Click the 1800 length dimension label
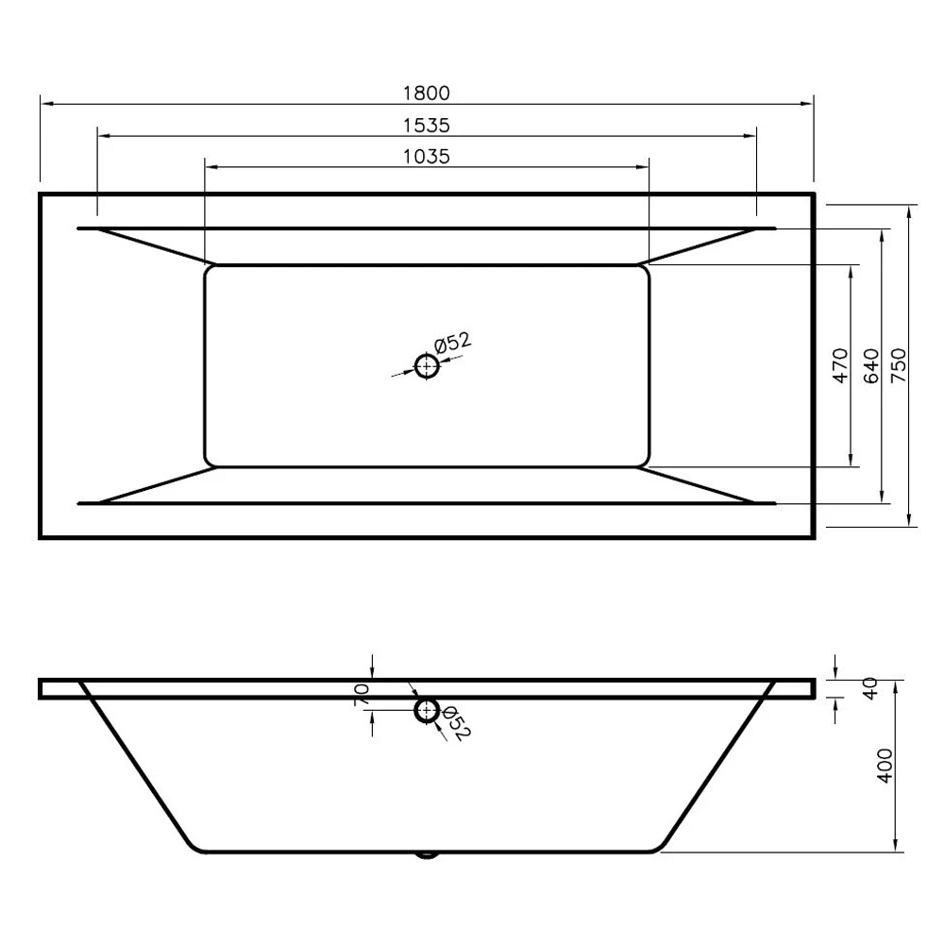point(427,93)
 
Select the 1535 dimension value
point(427,126)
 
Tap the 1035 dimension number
point(427,157)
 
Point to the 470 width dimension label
point(840,365)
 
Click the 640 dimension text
point(871,365)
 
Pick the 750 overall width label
point(899,365)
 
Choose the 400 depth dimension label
point(885,766)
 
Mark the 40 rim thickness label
point(871,688)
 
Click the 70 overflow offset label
point(362,695)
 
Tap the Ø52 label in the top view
point(453,344)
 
